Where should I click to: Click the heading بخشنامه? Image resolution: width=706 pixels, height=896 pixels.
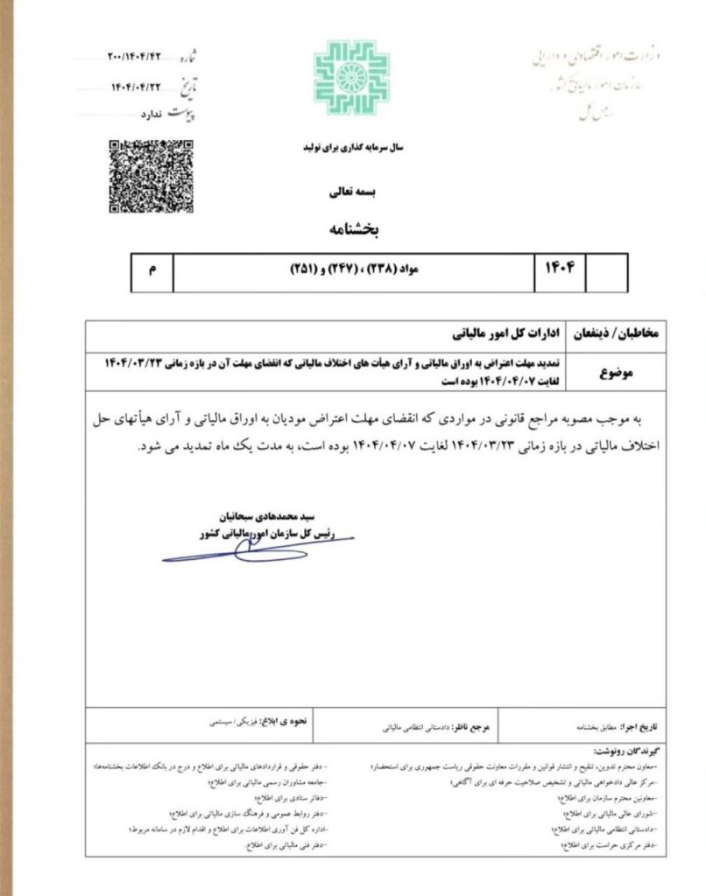coord(353,230)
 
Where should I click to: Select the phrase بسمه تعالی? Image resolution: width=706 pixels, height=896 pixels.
coord(353,190)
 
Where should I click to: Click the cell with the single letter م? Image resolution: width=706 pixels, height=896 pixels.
coord(152,273)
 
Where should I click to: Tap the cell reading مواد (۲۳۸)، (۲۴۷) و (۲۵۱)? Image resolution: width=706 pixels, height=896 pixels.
coord(353,272)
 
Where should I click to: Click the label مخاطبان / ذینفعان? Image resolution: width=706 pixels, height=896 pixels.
coord(619,335)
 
